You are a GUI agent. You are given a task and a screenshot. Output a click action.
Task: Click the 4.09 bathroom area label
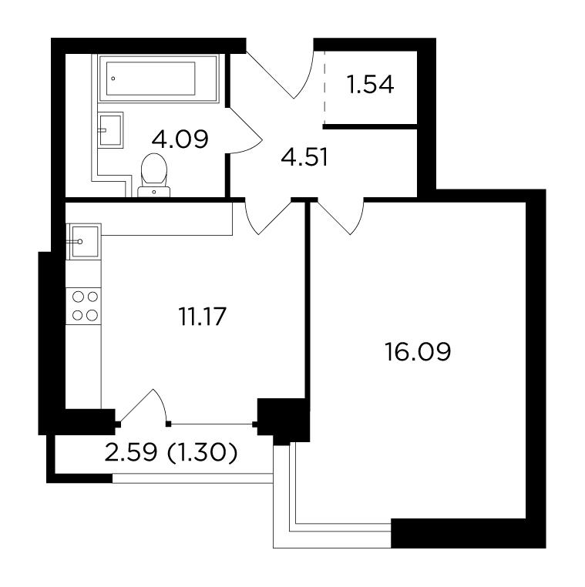180,139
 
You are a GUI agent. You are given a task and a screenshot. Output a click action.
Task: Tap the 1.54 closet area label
370,85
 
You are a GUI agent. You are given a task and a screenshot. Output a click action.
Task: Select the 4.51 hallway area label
304,157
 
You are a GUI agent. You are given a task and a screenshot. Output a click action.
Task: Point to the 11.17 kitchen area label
202,317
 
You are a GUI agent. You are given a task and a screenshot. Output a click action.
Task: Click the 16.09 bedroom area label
418,351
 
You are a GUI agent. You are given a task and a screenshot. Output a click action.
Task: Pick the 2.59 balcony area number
131,452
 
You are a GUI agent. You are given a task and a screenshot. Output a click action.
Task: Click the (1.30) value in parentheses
202,452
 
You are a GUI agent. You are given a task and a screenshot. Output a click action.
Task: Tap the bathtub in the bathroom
158,79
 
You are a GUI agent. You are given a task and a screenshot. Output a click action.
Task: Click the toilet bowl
154,175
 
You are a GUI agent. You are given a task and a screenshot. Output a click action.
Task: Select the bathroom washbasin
110,130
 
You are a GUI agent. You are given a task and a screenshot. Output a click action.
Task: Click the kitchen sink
84,241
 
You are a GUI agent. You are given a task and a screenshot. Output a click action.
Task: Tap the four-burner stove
83,306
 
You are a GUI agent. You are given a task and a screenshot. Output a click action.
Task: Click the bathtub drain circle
113,79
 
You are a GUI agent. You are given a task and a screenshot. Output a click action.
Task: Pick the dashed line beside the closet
324,88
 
